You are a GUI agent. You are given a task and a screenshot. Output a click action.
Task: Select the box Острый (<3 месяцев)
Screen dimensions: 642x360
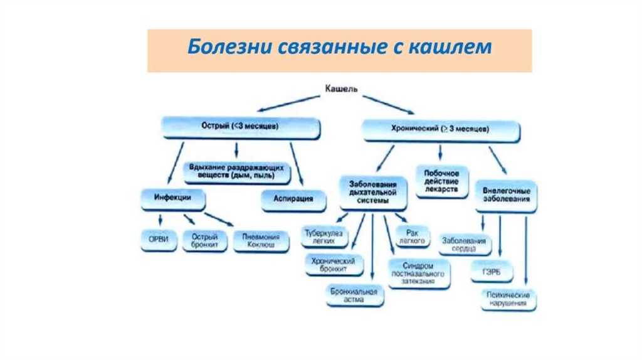(x=241, y=127)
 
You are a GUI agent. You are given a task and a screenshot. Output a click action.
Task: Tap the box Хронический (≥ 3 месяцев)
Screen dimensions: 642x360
(x=441, y=130)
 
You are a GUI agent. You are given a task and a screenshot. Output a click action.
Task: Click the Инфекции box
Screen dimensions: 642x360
(x=172, y=198)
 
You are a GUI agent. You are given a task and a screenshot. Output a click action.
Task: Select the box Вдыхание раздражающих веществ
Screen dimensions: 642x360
(x=238, y=171)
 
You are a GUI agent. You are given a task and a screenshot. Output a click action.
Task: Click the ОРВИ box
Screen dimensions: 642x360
(x=159, y=241)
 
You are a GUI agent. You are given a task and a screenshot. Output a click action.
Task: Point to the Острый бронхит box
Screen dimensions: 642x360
(x=204, y=241)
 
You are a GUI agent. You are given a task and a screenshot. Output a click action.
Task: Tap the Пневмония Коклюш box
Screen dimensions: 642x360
(x=261, y=241)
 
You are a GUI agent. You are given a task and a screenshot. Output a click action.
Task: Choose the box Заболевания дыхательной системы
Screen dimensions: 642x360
(x=374, y=193)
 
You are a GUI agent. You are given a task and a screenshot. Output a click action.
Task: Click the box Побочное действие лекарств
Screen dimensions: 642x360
(x=442, y=181)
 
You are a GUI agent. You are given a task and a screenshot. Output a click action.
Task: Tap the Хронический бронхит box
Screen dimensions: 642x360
(x=334, y=265)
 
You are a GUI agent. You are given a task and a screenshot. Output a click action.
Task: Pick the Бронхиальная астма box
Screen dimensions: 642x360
(x=355, y=295)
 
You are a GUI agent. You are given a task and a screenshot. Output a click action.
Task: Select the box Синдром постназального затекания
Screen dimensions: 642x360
(x=419, y=273)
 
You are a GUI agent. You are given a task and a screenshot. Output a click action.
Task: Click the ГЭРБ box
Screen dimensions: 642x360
(x=492, y=272)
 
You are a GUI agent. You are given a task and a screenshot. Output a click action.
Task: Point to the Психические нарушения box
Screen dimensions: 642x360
(x=508, y=299)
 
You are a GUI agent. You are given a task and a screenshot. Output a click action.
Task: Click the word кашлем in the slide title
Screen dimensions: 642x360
(x=450, y=47)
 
